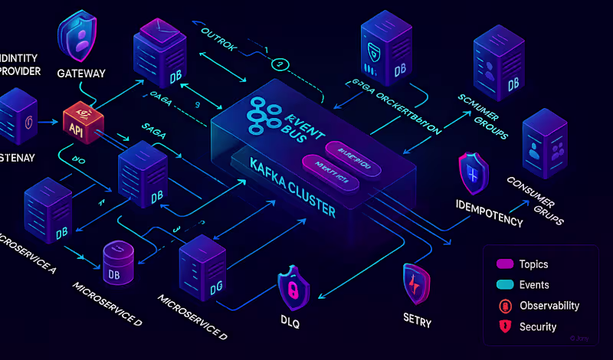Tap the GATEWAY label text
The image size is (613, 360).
(x=80, y=74)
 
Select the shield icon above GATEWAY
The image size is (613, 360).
(x=79, y=37)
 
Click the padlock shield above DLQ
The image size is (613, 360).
(x=293, y=288)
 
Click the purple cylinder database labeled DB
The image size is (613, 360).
(x=120, y=258)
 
